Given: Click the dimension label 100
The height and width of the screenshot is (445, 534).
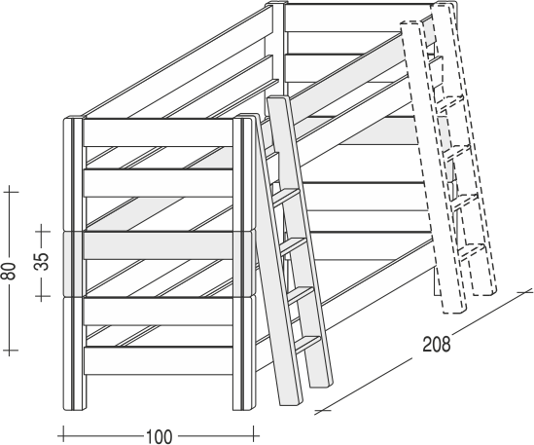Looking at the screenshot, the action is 160,436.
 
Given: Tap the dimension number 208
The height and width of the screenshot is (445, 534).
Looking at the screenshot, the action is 437,345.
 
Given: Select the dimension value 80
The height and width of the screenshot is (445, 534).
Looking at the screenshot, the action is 11,271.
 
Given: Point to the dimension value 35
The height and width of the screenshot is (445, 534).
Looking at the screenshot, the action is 43,261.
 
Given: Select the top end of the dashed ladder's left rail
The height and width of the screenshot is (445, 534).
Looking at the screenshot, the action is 409,24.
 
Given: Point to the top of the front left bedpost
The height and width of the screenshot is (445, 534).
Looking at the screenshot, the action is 73,118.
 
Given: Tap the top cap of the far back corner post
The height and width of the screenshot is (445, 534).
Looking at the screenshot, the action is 275,3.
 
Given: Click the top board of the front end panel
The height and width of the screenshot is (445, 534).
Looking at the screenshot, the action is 159,132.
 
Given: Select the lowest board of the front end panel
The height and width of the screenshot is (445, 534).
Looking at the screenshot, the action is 159,361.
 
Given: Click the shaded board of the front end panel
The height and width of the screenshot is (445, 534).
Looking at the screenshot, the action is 159,245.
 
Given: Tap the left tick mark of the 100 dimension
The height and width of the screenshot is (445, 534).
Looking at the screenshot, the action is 63,435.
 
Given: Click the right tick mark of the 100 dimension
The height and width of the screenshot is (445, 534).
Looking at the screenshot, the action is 254,435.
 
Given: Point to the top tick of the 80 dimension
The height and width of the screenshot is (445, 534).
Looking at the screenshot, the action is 11,192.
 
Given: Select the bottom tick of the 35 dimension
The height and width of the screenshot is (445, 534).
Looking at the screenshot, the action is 42,296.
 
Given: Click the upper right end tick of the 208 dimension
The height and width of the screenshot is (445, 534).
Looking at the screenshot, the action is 524,292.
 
